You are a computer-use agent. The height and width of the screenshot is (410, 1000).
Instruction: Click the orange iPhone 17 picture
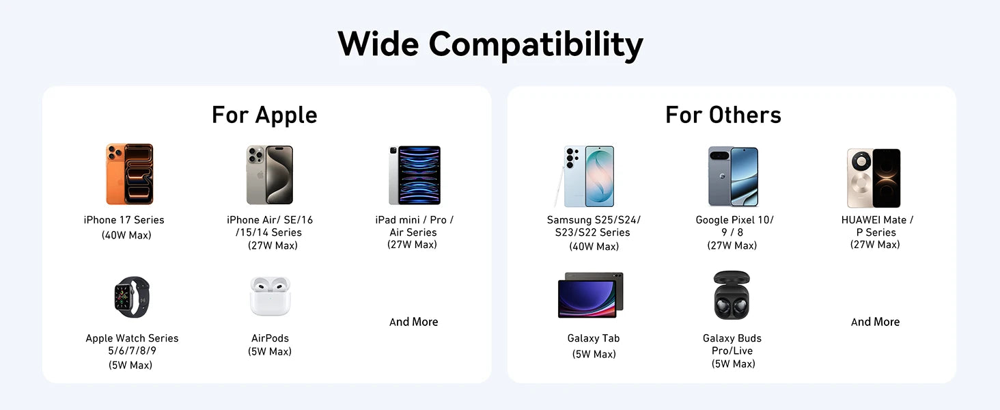130,174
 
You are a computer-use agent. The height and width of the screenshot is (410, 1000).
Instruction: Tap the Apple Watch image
132,297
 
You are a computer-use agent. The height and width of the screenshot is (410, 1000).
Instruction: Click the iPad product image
415,175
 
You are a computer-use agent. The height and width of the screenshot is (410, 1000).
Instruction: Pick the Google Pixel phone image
733,176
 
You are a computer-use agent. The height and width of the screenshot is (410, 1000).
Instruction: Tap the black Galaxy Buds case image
732,295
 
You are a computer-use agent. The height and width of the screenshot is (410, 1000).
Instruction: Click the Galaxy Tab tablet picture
591,295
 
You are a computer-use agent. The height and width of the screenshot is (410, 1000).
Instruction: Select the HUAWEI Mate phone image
874,178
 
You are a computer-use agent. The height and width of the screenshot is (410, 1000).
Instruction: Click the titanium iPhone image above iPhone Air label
270,175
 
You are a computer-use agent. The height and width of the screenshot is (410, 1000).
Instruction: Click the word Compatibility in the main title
536,45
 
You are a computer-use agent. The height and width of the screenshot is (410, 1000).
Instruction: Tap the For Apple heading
264,115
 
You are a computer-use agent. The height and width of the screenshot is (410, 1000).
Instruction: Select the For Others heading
723,115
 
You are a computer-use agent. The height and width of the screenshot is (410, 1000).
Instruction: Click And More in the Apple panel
413,322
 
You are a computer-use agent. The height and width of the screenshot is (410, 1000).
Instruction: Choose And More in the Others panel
875,322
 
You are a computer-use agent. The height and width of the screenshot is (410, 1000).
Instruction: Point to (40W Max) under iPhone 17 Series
126,235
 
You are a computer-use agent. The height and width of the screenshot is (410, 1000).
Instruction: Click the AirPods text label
270,338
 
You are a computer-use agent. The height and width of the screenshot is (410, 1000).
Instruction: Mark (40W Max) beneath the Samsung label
594,247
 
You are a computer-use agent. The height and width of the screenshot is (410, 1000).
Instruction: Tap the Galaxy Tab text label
594,338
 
